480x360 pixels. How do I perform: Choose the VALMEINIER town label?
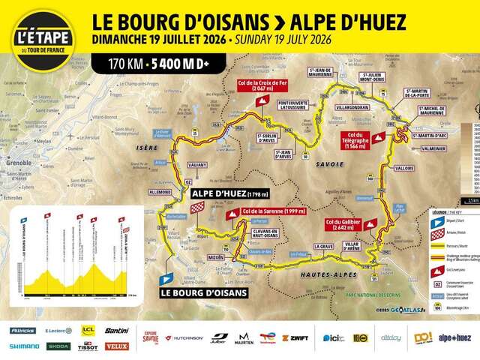pos(437,148)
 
